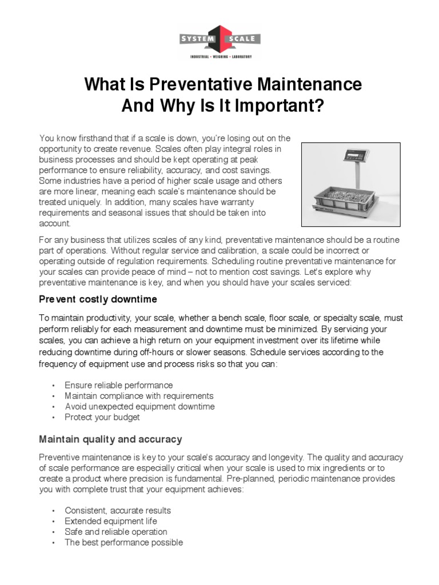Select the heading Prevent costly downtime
pyautogui.click(x=98, y=299)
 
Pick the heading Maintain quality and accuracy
pyautogui.click(x=110, y=439)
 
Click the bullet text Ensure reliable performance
pyautogui.click(x=118, y=385)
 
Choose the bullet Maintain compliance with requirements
pyautogui.click(x=139, y=395)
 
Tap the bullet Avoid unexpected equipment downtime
pyautogui.click(x=139, y=406)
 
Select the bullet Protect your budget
pyautogui.click(x=102, y=417)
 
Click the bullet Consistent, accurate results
pyautogui.click(x=118, y=510)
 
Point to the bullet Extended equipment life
pyautogui.click(x=111, y=521)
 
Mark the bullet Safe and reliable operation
pyautogui.click(x=116, y=532)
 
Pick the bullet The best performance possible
pyautogui.click(x=123, y=542)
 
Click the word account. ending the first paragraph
pyautogui.click(x=55, y=223)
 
